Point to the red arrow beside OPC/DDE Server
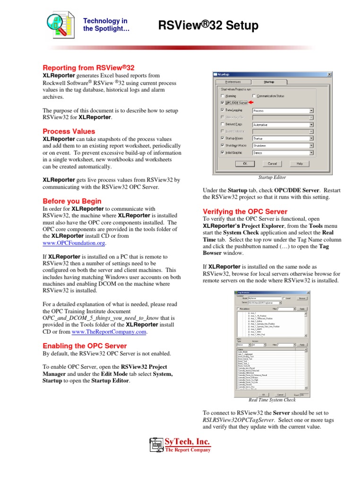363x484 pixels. pos(251,103)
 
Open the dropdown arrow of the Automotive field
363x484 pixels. pos(311,125)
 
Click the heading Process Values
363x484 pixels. pos(69,131)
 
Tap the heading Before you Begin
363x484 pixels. pos(72,201)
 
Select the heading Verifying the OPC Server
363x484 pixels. pos(245,211)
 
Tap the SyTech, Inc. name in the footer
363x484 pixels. pos(187,442)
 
